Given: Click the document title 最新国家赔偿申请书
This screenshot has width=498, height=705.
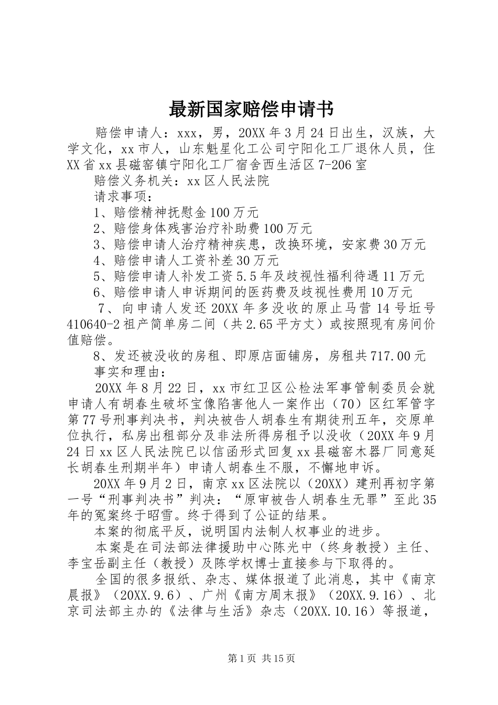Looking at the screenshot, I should coord(251,110).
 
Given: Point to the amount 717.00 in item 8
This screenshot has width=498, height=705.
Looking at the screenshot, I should coord(391,356).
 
